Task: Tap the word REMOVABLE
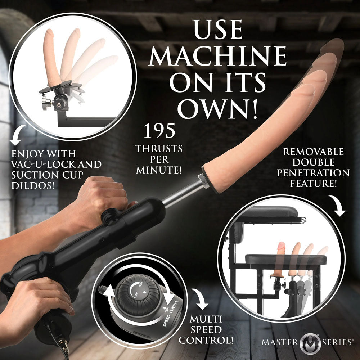pyautogui.click(x=313, y=151)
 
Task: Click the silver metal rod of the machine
pyautogui.click(x=182, y=194)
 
